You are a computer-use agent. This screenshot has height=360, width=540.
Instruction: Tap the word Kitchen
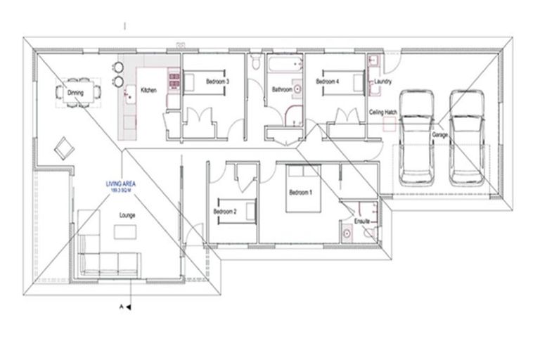point(148,90)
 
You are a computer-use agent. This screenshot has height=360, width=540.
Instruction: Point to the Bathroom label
point(282,89)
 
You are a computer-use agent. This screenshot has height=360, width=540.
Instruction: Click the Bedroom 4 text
point(328,82)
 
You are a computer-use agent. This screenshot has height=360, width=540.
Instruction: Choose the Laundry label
point(383,82)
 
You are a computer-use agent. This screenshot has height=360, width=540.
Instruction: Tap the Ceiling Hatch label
point(384,112)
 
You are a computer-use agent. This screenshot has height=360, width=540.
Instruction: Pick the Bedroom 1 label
point(301,192)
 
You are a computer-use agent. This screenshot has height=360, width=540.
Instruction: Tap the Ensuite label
point(362,222)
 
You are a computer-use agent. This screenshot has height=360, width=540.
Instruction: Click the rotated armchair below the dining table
point(64,147)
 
